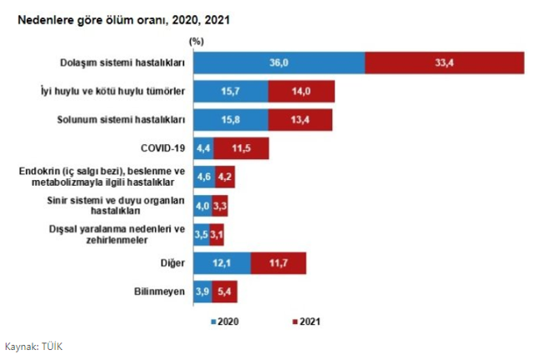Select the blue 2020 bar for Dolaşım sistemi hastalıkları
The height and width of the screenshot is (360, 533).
pyautogui.click(x=278, y=62)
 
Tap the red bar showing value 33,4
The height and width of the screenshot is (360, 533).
pyautogui.click(x=444, y=62)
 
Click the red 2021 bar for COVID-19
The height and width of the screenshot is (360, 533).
pyautogui.click(x=241, y=148)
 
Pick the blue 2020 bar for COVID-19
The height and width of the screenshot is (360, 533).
pyautogui.click(x=202, y=148)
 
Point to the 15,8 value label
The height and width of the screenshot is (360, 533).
pyautogui.click(x=230, y=120)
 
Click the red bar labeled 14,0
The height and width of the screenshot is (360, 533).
pyautogui.click(x=301, y=91)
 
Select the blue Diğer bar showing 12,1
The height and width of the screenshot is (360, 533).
pyautogui.click(x=221, y=263)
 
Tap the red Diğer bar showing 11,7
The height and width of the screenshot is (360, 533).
pyautogui.click(x=277, y=263)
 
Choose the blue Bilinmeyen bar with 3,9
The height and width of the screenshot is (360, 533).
pyautogui.click(x=202, y=292)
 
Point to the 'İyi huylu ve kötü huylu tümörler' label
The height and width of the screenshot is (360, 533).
pyautogui.click(x=113, y=91)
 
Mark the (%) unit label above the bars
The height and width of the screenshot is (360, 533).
pyautogui.click(x=197, y=40)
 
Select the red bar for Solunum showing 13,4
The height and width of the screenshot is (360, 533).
pyautogui.click(x=300, y=120)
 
